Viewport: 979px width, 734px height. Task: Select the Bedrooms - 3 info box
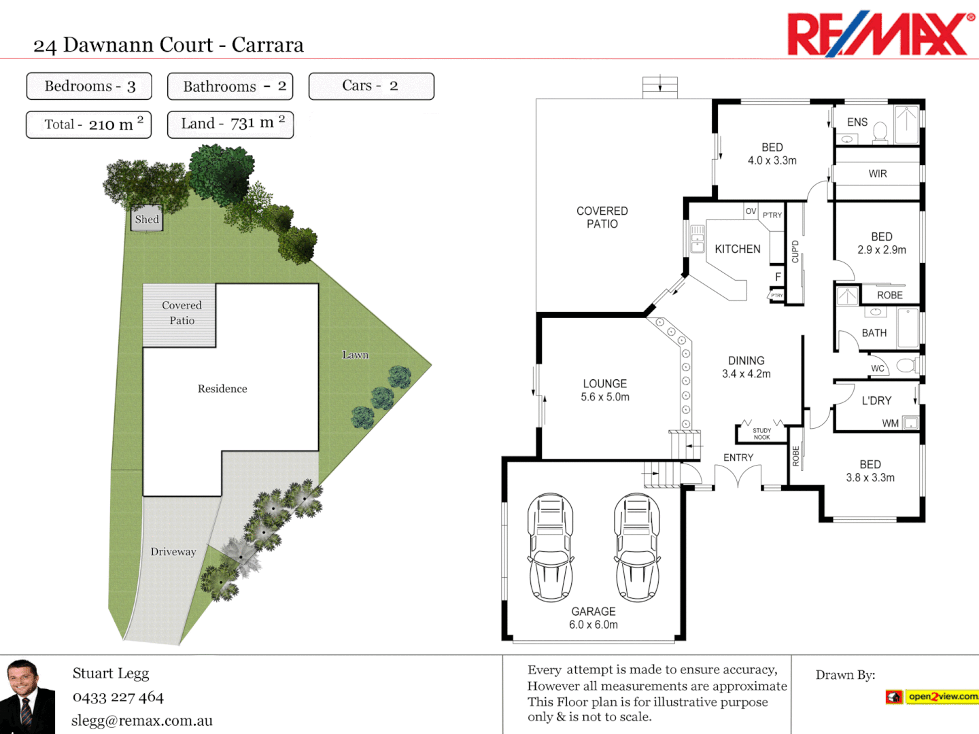89,86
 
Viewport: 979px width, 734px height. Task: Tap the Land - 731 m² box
230,124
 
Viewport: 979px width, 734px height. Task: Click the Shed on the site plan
147,219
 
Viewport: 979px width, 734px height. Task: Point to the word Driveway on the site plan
173,552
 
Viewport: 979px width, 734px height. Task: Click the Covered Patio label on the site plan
182,313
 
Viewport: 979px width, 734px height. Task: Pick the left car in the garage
550,548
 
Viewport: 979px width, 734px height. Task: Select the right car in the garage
637,548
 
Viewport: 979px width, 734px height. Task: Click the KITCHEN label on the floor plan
738,249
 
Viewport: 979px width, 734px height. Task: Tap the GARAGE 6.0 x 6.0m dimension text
594,625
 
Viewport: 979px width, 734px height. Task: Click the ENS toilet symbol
880,131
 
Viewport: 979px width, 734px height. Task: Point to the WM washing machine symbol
910,423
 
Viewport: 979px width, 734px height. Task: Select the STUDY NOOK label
761,434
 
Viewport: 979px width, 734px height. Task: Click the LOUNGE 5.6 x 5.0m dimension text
605,397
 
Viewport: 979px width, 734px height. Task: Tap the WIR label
878,174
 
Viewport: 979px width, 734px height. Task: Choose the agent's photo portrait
27,696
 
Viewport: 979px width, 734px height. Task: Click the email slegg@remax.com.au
142,721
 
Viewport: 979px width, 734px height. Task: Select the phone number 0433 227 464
118,697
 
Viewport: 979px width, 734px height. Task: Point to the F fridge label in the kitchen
778,277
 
